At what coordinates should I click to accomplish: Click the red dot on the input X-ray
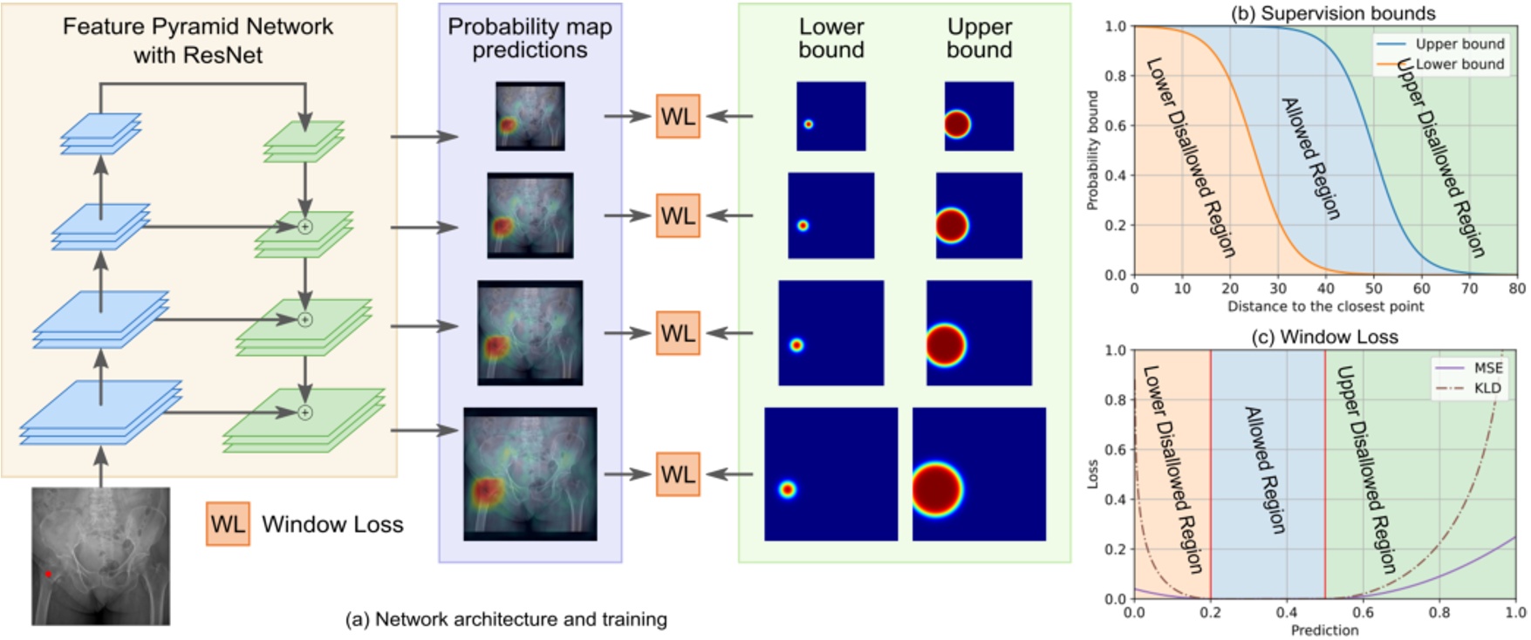[48, 574]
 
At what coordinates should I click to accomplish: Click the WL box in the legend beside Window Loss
[228, 524]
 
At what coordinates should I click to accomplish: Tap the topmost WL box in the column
[678, 116]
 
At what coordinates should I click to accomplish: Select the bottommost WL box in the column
[678, 474]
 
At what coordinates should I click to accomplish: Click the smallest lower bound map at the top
[830, 116]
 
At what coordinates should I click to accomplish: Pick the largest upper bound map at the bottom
[979, 473]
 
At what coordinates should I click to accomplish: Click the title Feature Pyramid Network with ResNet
[198, 40]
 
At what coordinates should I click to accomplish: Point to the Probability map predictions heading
[530, 38]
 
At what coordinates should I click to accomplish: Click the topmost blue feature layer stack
[101, 133]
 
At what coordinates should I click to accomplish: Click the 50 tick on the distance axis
[1373, 289]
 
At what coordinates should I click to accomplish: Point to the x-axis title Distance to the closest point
[1325, 306]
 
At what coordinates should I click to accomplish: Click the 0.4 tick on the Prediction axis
[1287, 613]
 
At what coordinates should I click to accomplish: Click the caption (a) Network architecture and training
[506, 619]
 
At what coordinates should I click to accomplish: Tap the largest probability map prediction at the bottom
[530, 473]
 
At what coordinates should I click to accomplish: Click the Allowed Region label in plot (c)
[1264, 470]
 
